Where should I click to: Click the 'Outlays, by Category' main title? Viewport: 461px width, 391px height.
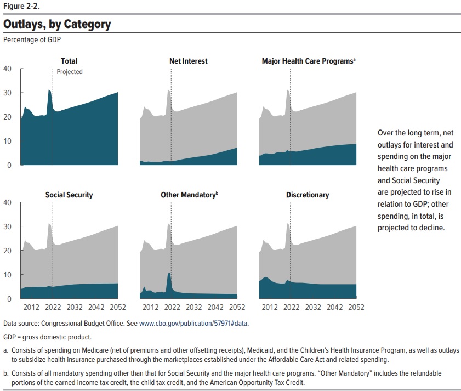(x=57, y=25)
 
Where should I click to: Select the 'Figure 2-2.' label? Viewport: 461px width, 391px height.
(x=21, y=6)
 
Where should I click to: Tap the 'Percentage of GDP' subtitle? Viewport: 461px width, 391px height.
(x=32, y=39)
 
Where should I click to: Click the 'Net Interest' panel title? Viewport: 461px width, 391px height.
(x=188, y=61)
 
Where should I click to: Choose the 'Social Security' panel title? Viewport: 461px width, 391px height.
(x=69, y=195)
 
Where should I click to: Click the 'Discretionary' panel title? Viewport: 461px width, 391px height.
(x=308, y=195)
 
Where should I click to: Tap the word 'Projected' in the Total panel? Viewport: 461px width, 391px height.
(x=70, y=72)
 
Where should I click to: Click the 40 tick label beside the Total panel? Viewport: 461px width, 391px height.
(x=7, y=69)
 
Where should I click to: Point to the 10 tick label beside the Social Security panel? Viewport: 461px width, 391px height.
(x=7, y=275)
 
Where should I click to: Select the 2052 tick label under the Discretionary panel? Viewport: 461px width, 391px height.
(x=356, y=308)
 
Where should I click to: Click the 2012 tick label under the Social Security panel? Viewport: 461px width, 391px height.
(x=31, y=308)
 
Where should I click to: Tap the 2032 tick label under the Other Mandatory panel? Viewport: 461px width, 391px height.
(x=193, y=308)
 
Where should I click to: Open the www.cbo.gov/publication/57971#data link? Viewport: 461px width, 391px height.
(x=193, y=324)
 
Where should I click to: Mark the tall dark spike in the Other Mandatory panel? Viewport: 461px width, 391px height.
(x=169, y=285)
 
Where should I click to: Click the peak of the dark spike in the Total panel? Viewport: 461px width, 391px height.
(x=49, y=90)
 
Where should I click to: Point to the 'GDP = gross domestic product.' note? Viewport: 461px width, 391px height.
(x=47, y=337)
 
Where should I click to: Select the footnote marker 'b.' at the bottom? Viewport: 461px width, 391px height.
(x=6, y=373)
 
